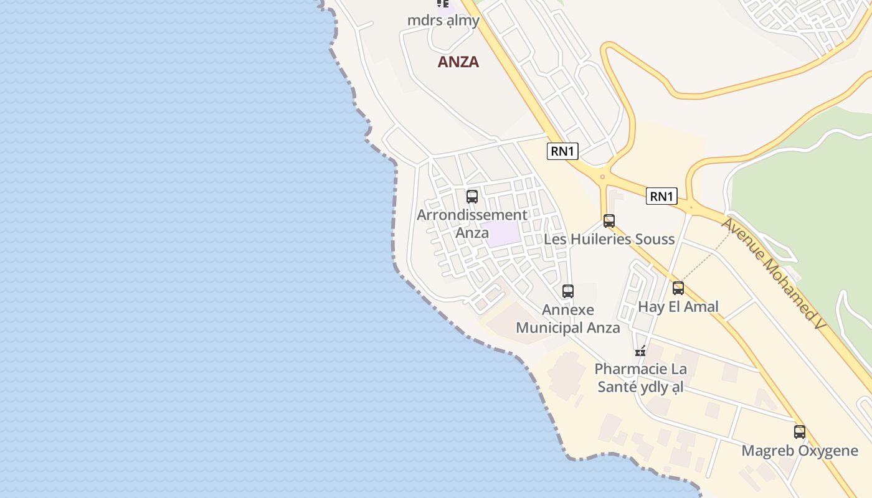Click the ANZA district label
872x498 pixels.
(x=458, y=62)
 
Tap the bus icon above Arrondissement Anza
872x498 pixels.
(x=472, y=197)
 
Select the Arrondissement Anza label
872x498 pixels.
(x=472, y=223)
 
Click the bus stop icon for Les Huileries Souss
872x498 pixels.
(x=609, y=221)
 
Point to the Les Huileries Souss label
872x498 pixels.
(x=609, y=239)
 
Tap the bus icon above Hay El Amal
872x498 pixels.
(x=678, y=288)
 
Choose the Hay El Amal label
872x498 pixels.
(x=678, y=306)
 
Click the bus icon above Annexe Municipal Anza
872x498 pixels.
(x=568, y=291)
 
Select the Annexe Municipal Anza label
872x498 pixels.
(x=568, y=319)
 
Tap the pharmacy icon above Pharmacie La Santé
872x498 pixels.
(x=640, y=351)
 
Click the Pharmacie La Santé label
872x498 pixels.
(x=640, y=378)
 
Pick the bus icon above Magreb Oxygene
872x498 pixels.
(x=800, y=432)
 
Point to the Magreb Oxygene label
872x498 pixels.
(x=800, y=451)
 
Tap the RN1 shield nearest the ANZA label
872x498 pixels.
(x=562, y=151)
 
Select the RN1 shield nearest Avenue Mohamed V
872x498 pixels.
(x=661, y=196)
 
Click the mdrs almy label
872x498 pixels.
(x=443, y=21)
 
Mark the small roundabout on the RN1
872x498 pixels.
(x=602, y=177)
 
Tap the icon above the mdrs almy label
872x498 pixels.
(x=443, y=4)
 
